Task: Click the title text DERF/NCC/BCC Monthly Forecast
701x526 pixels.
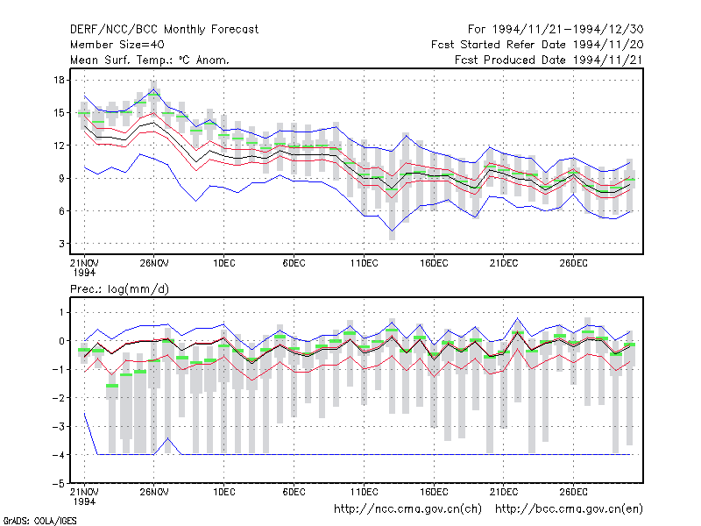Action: (x=164, y=30)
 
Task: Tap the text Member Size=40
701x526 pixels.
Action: (x=117, y=45)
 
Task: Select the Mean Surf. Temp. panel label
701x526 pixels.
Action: (x=149, y=60)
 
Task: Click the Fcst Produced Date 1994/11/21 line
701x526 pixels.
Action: (x=549, y=60)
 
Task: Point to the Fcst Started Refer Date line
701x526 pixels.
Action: (x=537, y=45)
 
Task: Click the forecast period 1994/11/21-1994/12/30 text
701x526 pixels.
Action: (x=556, y=30)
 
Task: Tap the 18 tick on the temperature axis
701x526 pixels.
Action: (x=60, y=80)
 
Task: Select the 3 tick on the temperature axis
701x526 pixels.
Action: (x=61, y=244)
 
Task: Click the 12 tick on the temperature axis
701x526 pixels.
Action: (x=60, y=146)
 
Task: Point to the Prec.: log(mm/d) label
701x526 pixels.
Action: (x=119, y=289)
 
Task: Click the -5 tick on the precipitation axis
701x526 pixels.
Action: (x=59, y=484)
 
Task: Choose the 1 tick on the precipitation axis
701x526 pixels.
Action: (x=61, y=312)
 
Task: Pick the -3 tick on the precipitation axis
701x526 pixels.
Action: (x=59, y=427)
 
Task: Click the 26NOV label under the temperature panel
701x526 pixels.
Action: (x=154, y=264)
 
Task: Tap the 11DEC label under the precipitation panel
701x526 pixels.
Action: (x=364, y=492)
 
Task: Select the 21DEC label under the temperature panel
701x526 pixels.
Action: (x=503, y=264)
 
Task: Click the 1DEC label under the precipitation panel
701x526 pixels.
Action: (x=224, y=492)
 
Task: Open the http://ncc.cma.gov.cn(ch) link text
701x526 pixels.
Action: (x=407, y=509)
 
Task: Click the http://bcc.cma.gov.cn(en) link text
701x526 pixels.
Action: (x=569, y=509)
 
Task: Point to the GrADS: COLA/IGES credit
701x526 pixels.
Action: (x=39, y=521)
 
